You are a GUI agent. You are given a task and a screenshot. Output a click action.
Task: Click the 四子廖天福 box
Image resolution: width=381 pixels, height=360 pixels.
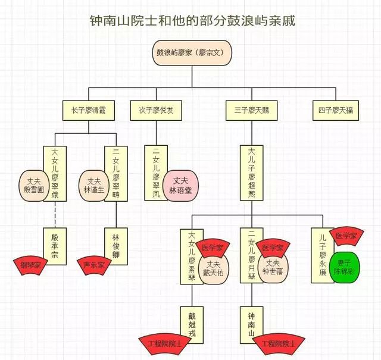pyautogui.click(x=336, y=110)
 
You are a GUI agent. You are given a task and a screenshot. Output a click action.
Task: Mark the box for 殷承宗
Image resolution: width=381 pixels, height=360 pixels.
pyautogui.click(x=56, y=242)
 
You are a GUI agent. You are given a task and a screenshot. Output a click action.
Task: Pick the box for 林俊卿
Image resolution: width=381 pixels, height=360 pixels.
pyautogui.click(x=116, y=242)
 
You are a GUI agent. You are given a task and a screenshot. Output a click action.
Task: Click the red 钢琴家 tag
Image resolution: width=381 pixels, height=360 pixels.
pyautogui.click(x=32, y=264)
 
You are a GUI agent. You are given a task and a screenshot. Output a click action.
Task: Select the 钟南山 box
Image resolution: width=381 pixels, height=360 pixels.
pyautogui.click(x=251, y=324)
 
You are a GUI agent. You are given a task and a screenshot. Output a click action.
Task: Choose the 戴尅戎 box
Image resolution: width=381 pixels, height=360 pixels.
pyautogui.click(x=192, y=324)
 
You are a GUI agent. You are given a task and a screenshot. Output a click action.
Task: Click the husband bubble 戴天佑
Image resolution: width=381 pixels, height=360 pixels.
pyautogui.click(x=213, y=267)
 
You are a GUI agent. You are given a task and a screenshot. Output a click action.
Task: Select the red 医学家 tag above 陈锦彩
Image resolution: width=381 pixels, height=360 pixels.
pyautogui.click(x=347, y=236)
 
